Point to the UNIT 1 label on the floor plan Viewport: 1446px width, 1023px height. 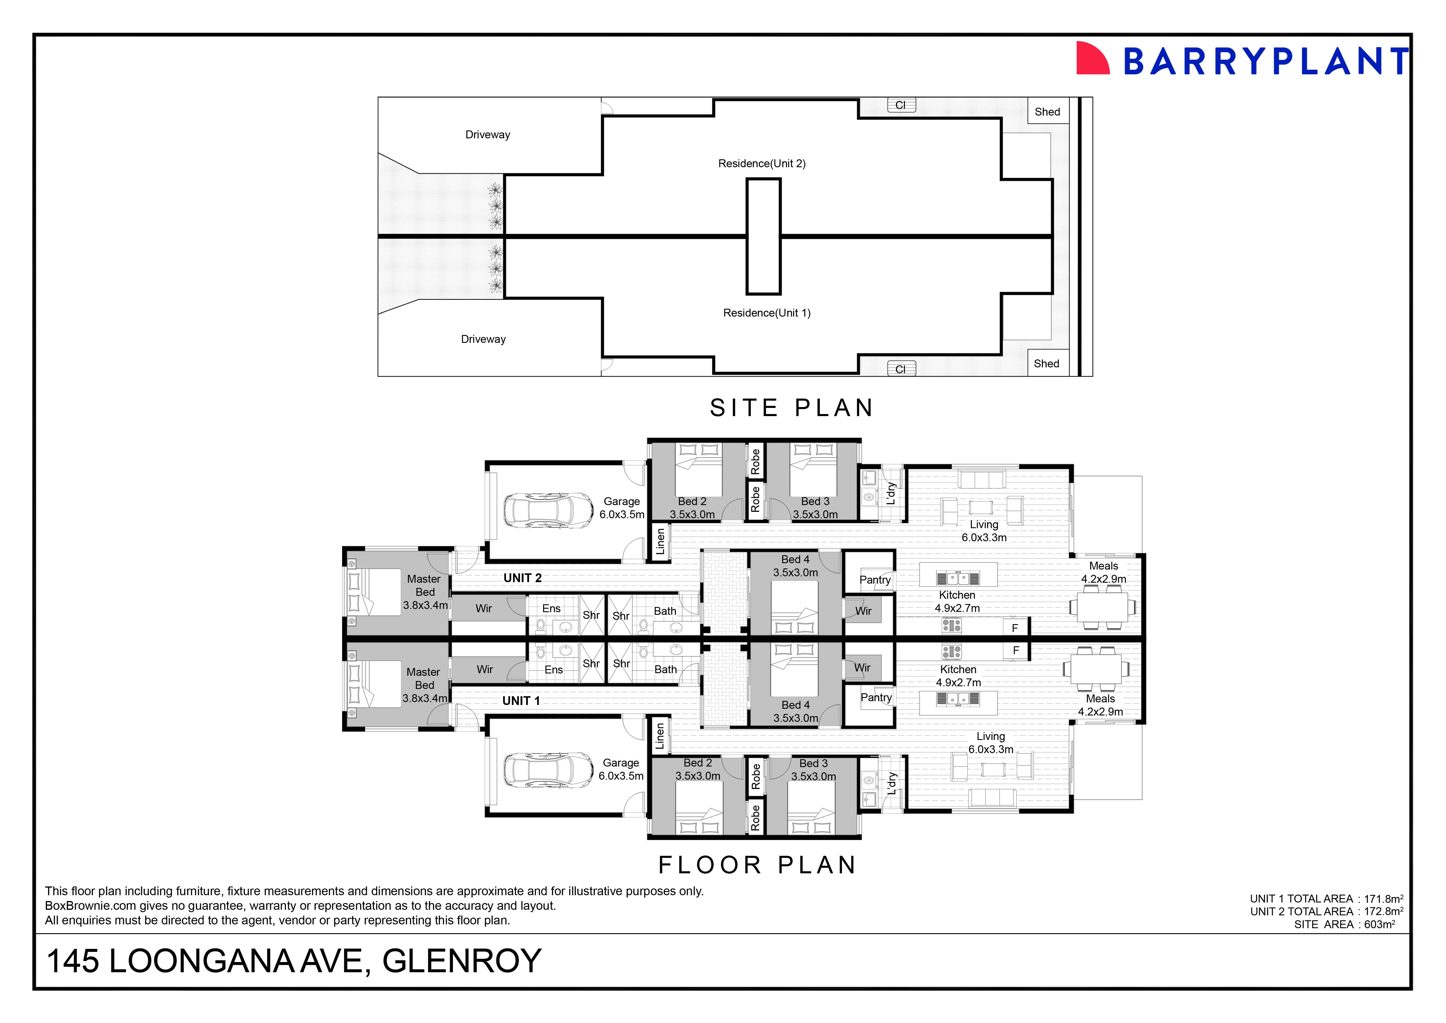[521, 701]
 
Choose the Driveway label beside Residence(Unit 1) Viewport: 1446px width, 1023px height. [483, 339]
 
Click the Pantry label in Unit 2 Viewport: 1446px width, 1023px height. [875, 579]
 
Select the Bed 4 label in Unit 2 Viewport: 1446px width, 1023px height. [795, 559]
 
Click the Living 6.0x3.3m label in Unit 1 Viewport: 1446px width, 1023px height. [991, 743]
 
